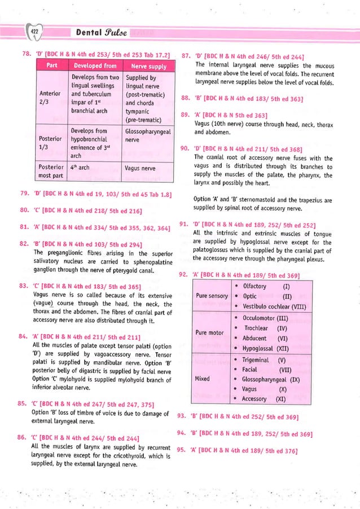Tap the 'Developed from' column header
[x=94, y=66]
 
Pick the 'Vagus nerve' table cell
[x=140, y=168]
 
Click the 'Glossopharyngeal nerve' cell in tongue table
[x=147, y=135]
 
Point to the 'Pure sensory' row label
[x=211, y=296]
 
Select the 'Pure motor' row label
[x=208, y=333]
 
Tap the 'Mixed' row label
[x=202, y=379]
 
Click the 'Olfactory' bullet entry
[x=254, y=286]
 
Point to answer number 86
[x=24, y=437]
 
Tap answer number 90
[x=183, y=148]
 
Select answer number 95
[x=182, y=450]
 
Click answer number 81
[x=24, y=228]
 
